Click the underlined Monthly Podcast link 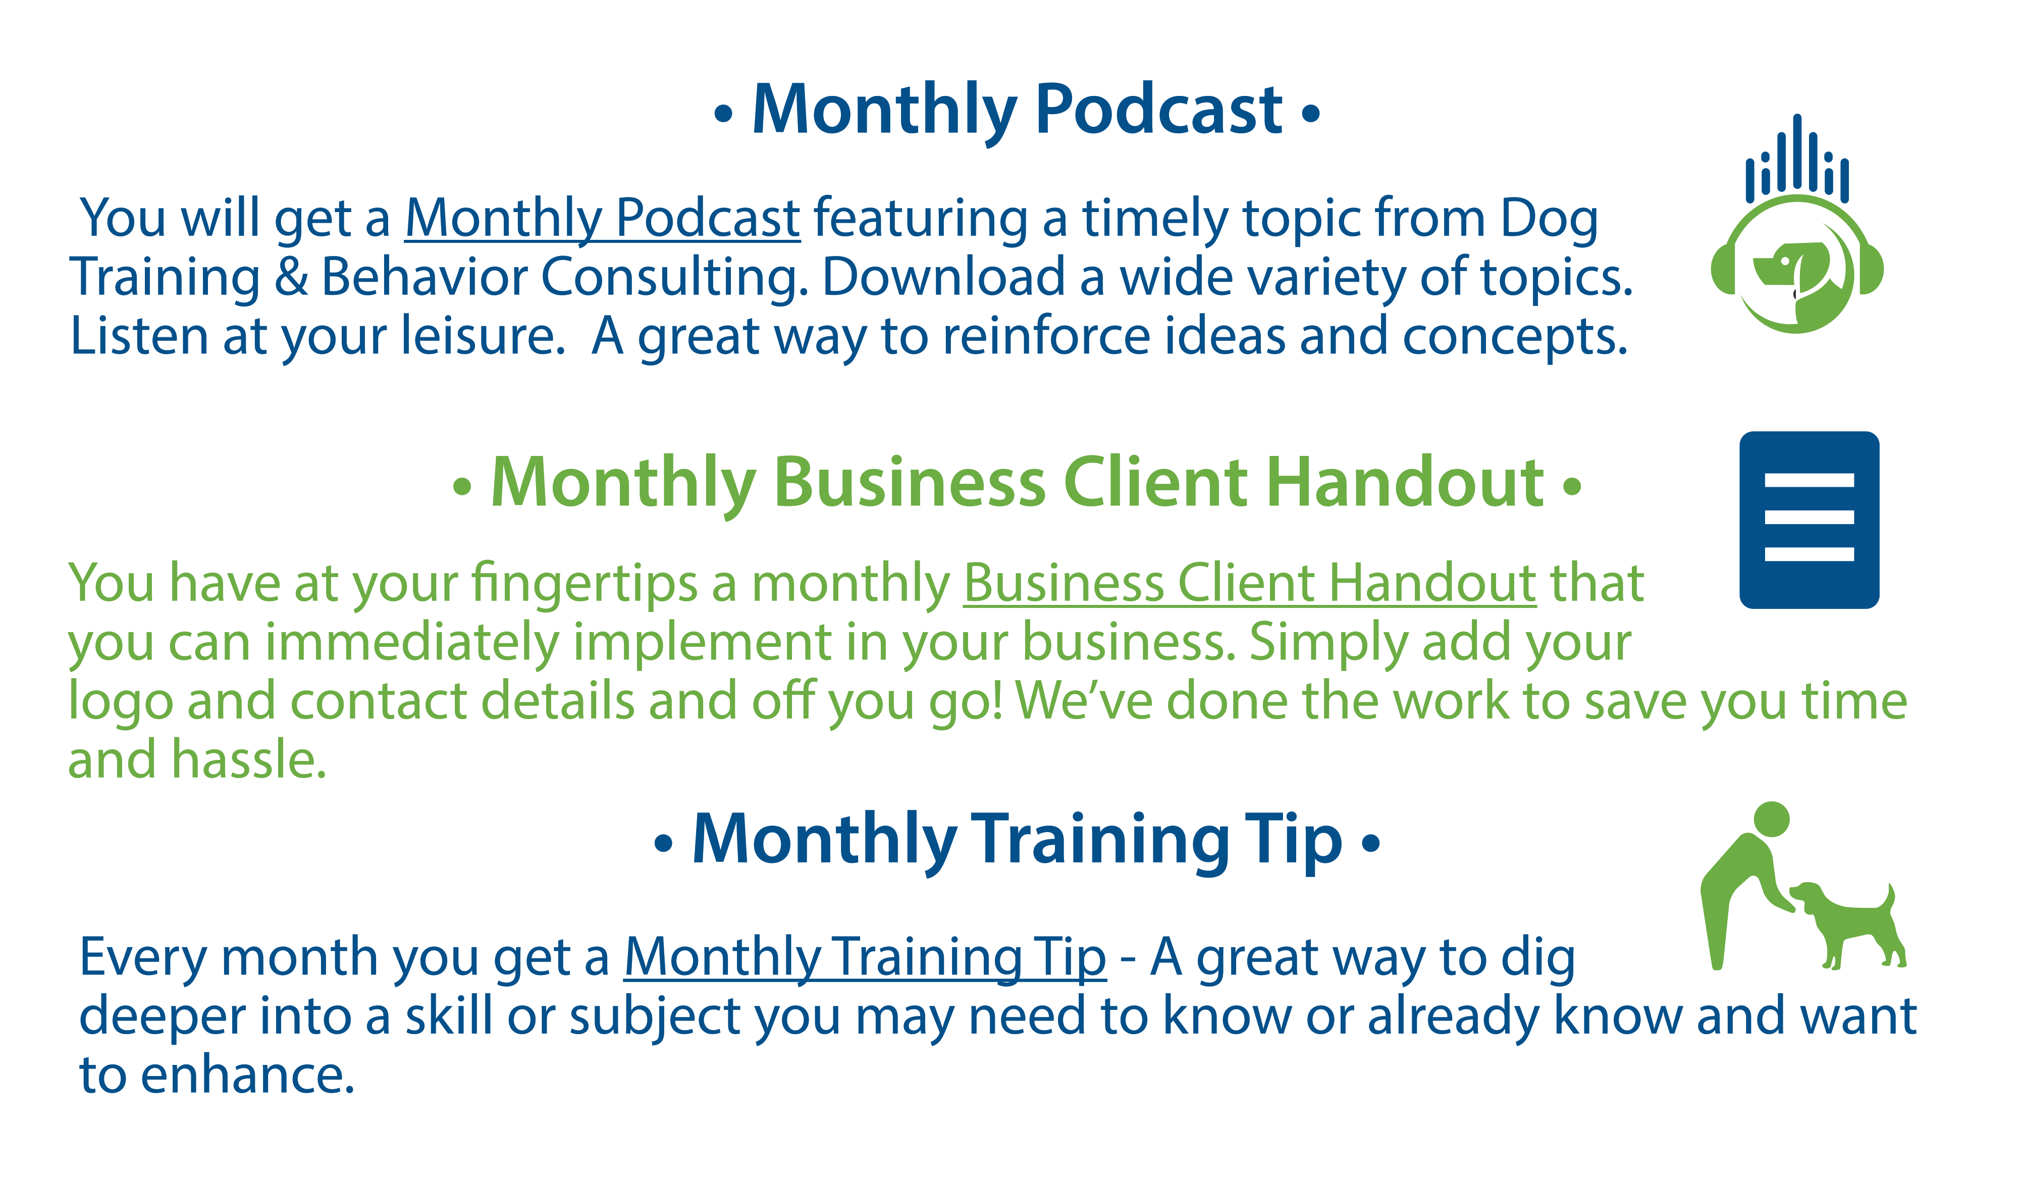click(603, 219)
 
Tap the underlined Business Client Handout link click(1250, 583)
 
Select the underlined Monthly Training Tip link click(865, 958)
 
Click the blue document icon click(1809, 520)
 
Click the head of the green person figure click(1772, 819)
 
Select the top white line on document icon click(1809, 481)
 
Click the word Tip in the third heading click(1293, 841)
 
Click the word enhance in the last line click(247, 1075)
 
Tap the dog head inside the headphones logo click(1791, 265)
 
